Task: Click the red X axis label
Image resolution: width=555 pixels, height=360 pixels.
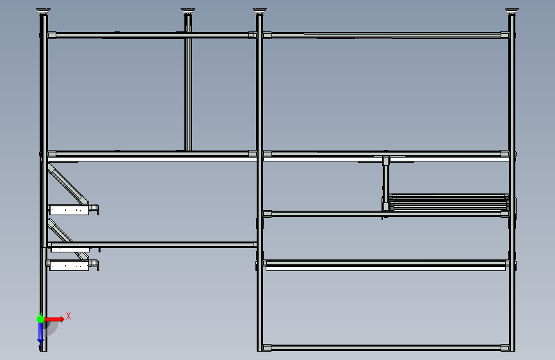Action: [x=68, y=316]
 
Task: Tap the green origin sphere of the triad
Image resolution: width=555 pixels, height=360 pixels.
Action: [x=40, y=318]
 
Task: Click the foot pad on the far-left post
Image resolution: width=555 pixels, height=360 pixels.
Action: [x=43, y=10]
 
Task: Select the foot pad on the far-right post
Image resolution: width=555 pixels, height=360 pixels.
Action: [x=511, y=11]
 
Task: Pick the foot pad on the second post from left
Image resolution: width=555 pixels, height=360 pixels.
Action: [x=188, y=11]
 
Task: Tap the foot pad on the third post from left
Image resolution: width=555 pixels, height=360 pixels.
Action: [x=259, y=11]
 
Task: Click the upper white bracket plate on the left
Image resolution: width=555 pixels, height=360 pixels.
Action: [x=68, y=209]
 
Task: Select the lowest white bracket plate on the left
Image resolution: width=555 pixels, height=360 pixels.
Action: [x=68, y=266]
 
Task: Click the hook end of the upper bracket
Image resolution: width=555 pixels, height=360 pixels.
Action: [x=95, y=208]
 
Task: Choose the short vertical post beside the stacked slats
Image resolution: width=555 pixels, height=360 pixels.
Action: [x=385, y=182]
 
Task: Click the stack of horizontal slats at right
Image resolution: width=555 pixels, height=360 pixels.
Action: [x=448, y=202]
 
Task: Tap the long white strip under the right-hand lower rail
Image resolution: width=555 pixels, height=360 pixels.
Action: [x=384, y=269]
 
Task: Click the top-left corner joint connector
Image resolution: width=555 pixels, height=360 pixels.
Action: [x=51, y=35]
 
